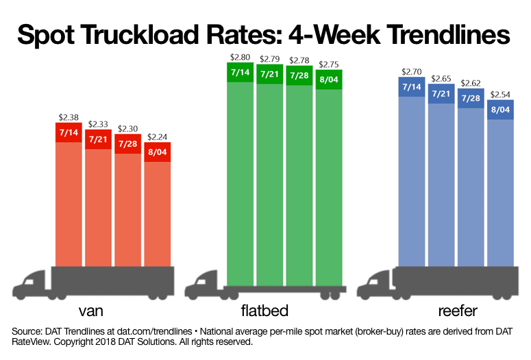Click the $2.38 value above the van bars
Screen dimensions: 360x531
(x=69, y=117)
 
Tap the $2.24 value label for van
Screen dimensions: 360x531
(x=158, y=136)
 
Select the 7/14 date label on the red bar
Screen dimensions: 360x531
(x=69, y=132)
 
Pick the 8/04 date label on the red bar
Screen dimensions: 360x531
(x=158, y=152)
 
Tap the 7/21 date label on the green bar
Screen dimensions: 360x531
(x=270, y=73)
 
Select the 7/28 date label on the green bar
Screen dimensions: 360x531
(x=299, y=75)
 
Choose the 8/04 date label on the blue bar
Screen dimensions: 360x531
(x=500, y=110)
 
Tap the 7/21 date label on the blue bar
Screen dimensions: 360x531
(x=441, y=93)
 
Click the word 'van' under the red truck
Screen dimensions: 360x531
(x=96, y=311)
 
